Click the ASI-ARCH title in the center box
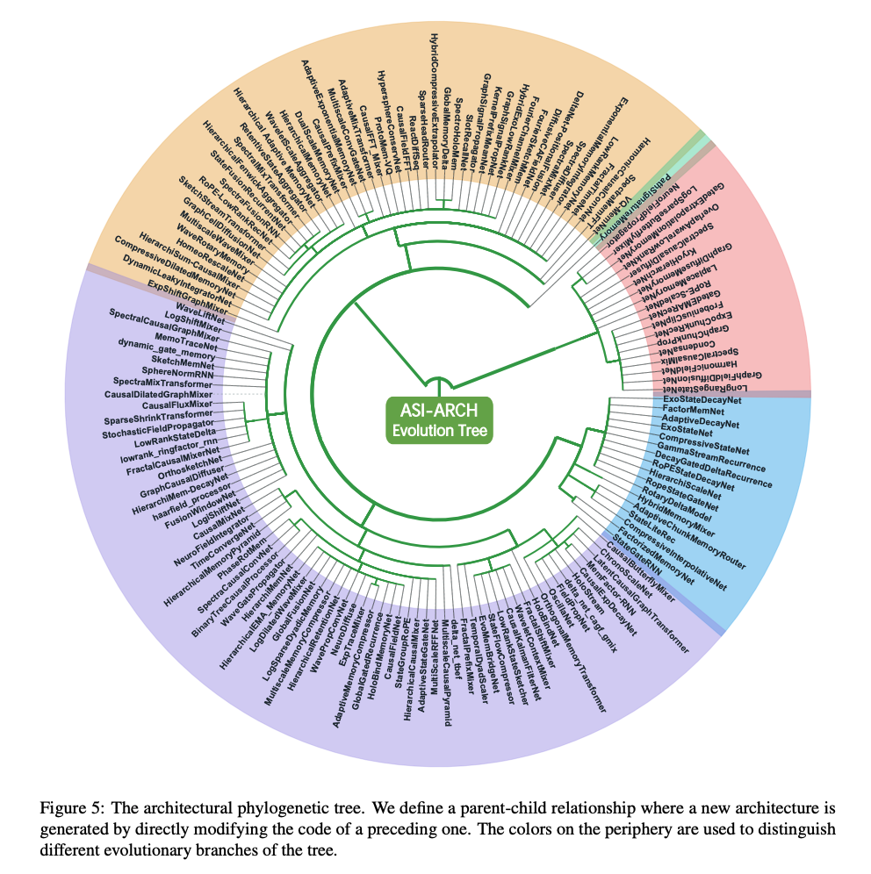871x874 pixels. (x=438, y=411)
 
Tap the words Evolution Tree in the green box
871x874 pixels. (x=438, y=430)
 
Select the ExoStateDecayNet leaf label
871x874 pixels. (x=702, y=400)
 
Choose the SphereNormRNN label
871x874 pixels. (x=183, y=370)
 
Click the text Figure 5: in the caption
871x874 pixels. (x=69, y=806)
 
